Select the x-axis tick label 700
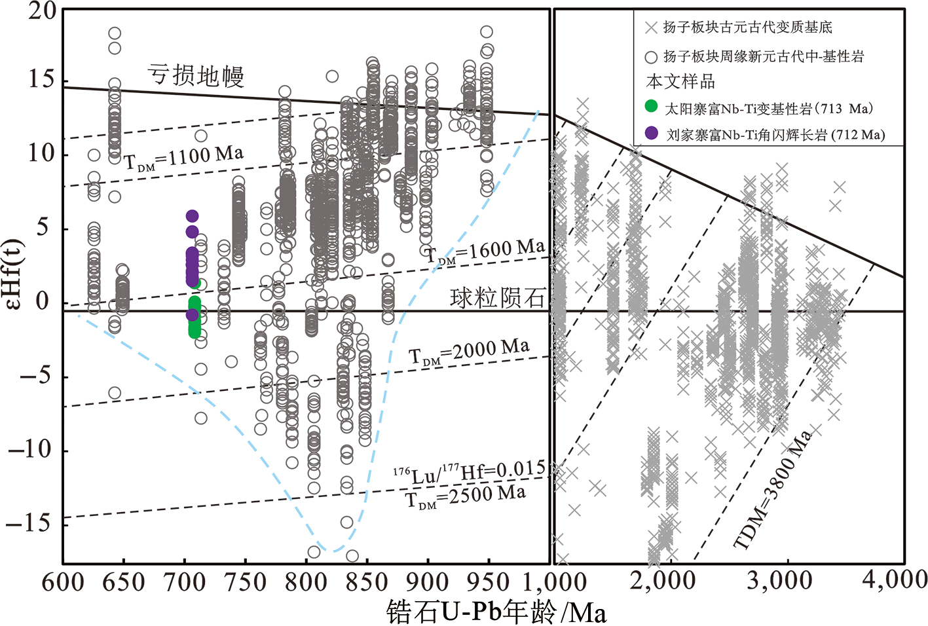coord(185,582)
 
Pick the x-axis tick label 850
coord(367,582)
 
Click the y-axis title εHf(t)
coord(24,273)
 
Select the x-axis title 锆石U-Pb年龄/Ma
coord(496,612)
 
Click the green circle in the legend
coord(651,106)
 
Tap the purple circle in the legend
coord(651,133)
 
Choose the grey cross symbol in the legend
coord(651,28)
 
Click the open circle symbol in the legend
coord(651,57)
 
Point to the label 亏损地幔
coord(196,75)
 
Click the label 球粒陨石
coord(497,298)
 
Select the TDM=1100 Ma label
coord(183,158)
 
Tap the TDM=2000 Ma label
coord(469,352)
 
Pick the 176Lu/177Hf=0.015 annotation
coord(469,471)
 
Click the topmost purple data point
coord(192,216)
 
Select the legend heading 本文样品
coord(680,82)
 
